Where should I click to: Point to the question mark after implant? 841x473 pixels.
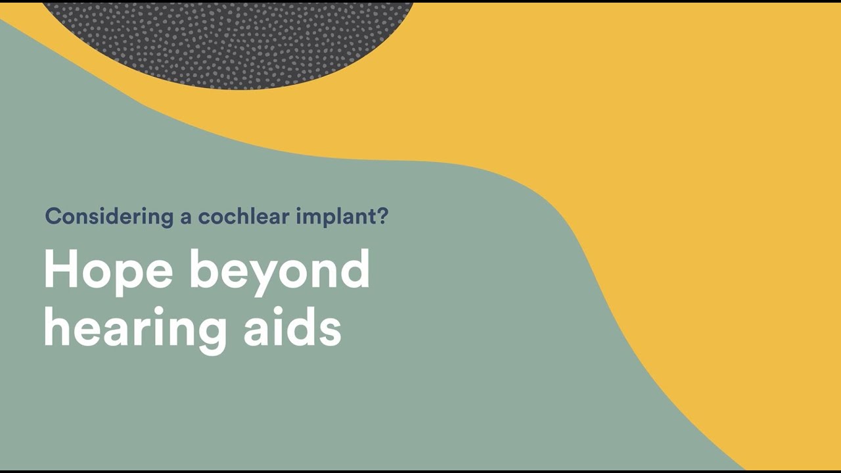click(x=383, y=215)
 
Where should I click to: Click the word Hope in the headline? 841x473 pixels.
click(x=108, y=271)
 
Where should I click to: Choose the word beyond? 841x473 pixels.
click(x=280, y=271)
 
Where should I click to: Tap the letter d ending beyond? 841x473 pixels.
click(x=355, y=269)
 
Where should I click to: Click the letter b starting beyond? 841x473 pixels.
click(x=204, y=269)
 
